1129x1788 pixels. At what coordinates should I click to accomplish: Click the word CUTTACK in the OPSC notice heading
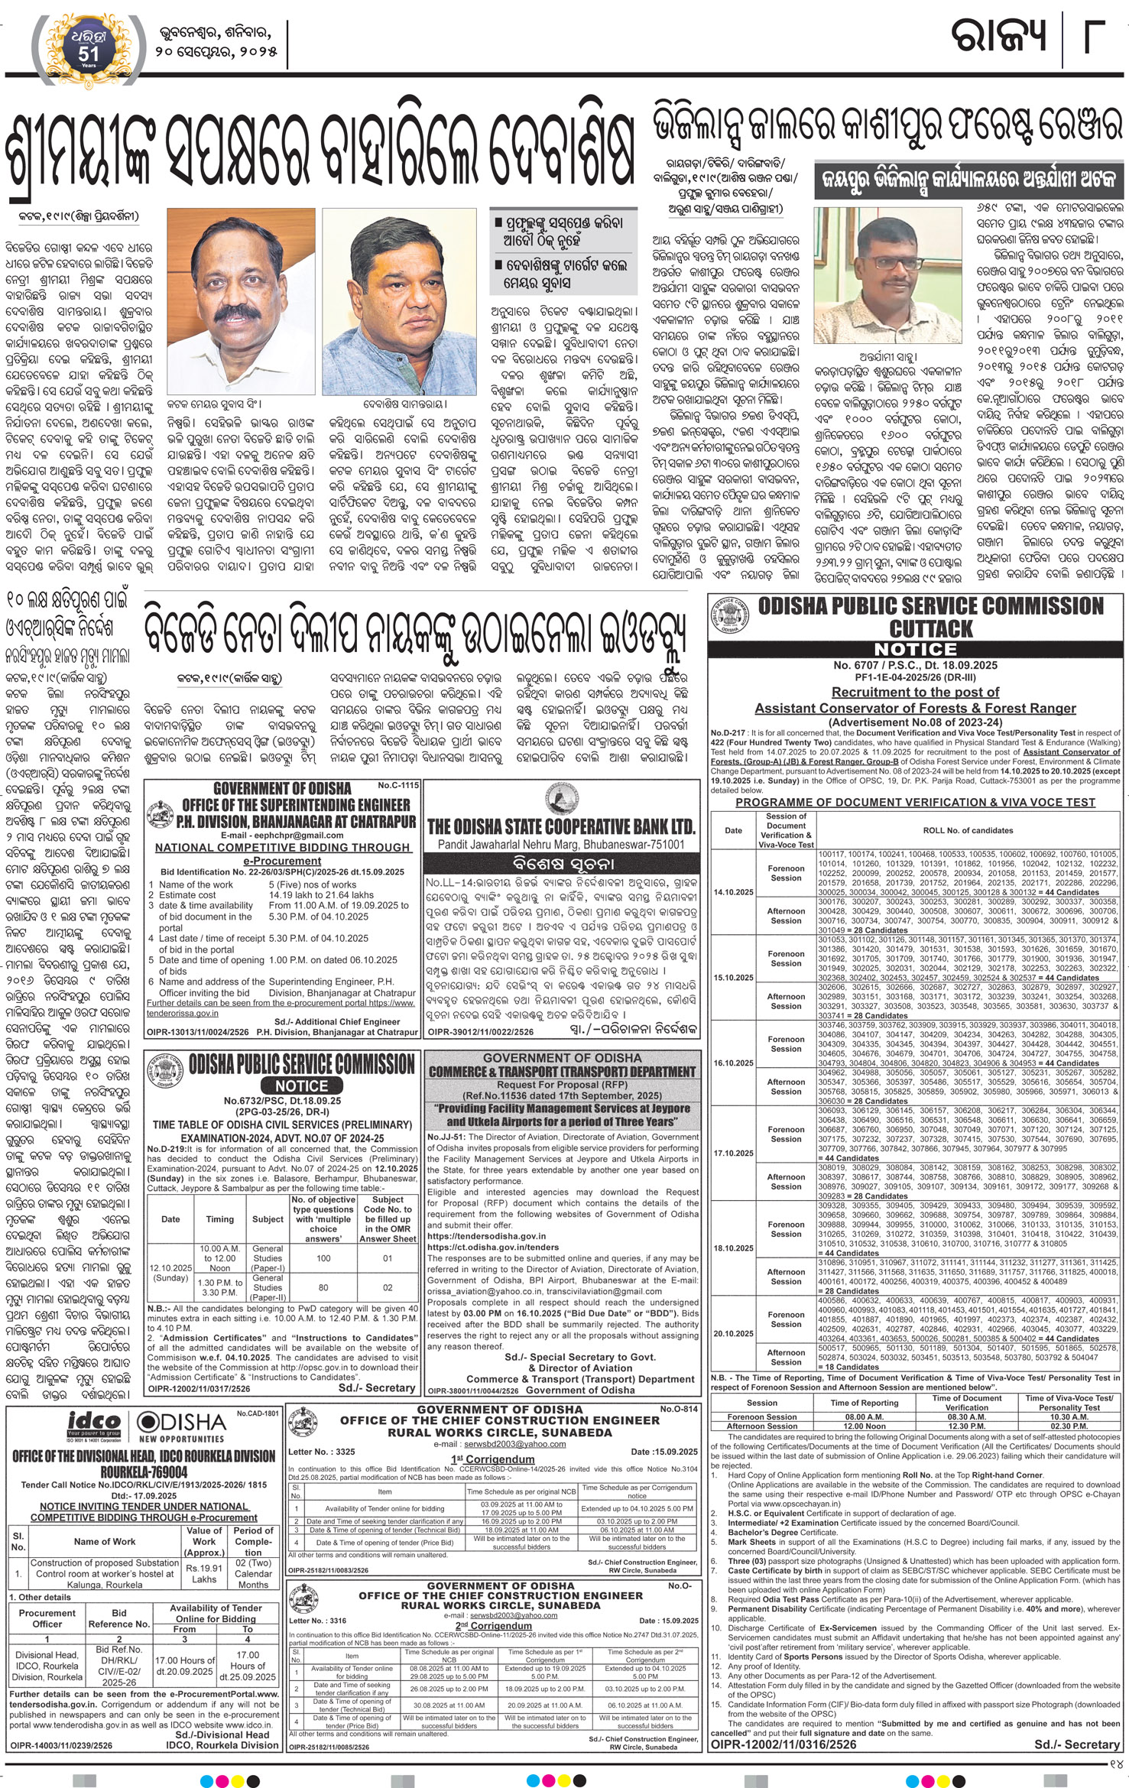tap(930, 629)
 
